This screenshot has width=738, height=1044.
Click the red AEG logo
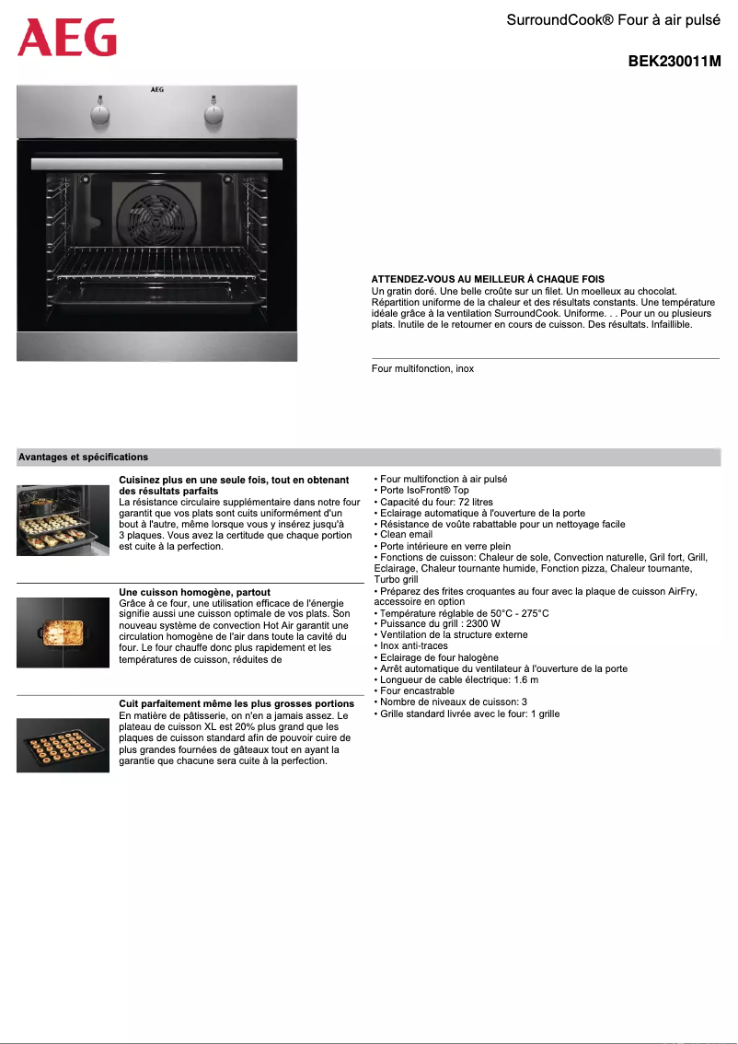(x=66, y=38)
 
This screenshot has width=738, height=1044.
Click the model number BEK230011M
(x=674, y=62)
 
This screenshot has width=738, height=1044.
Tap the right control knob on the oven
(x=213, y=113)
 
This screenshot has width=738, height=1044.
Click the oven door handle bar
(x=156, y=163)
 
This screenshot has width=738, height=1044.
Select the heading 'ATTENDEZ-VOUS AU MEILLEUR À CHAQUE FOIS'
(x=488, y=279)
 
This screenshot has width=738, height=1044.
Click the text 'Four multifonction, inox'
(x=422, y=368)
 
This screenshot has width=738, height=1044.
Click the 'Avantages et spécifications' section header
(x=84, y=457)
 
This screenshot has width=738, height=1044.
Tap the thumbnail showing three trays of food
(x=63, y=520)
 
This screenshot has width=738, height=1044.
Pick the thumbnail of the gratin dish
(x=63, y=632)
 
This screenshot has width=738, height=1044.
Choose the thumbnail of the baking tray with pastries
(x=63, y=745)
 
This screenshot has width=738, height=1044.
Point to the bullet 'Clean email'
(x=406, y=535)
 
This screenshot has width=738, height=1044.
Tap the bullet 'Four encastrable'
(x=417, y=690)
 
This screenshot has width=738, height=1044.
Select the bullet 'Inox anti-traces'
(x=414, y=646)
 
